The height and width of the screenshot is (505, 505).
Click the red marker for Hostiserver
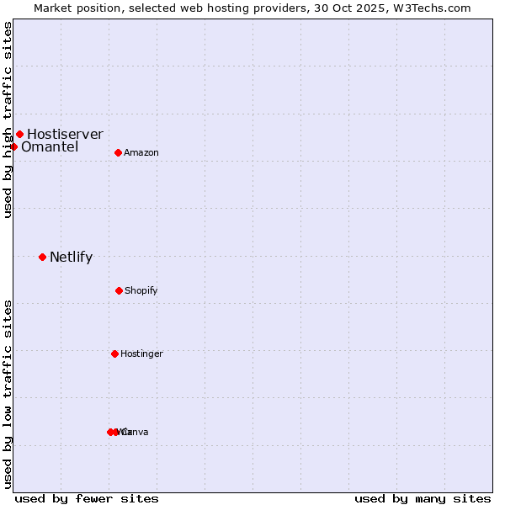tap(19, 134)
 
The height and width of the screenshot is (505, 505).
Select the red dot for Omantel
tap(13, 146)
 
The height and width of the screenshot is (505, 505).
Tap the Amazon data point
tap(118, 152)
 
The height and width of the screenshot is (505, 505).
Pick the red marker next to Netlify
tap(42, 257)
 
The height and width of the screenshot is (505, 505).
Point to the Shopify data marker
tap(119, 290)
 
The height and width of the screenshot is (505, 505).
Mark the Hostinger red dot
tap(114, 353)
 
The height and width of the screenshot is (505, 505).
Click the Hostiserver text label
tap(65, 134)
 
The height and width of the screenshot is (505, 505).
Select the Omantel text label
tap(50, 147)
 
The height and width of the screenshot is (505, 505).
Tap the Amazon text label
tap(141, 153)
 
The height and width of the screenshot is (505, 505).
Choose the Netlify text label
tap(71, 258)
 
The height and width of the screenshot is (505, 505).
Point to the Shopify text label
tap(141, 291)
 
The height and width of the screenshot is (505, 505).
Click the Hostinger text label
tap(141, 354)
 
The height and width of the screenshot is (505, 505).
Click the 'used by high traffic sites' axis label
tap(8, 120)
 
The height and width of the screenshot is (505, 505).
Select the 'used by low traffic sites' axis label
tap(8, 394)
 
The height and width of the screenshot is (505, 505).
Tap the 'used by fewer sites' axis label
tap(87, 498)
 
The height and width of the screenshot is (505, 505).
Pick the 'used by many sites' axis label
tap(423, 498)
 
